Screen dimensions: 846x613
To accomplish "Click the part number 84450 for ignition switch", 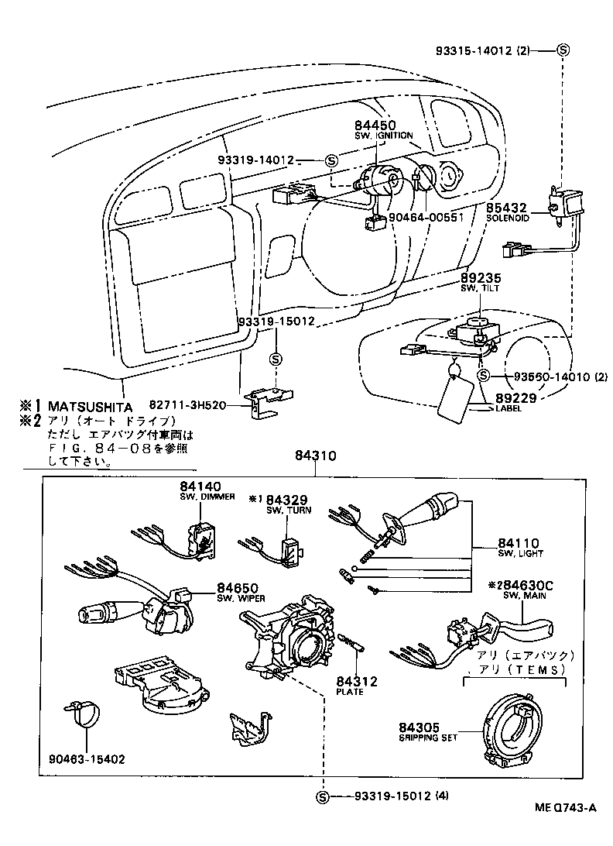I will coord(375,125).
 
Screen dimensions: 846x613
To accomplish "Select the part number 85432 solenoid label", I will coord(507,208).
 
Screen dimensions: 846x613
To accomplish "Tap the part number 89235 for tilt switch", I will coord(480,277).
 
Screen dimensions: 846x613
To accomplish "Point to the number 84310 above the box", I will coord(315,457).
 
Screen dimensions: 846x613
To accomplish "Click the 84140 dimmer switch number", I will coord(202,487).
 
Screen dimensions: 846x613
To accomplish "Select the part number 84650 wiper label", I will coord(237,588).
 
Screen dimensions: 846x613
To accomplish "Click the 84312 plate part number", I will coord(356,682).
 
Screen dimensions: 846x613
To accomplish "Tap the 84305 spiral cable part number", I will coord(420,727).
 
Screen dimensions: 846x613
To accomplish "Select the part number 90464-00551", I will coord(426,218).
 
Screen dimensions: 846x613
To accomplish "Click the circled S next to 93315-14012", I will coord(563,50).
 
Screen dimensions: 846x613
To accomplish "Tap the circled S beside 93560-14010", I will coord(483,376).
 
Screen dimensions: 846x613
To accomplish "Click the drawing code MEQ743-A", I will coord(566,807).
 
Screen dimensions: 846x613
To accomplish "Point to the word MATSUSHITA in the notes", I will coord(90,406).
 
